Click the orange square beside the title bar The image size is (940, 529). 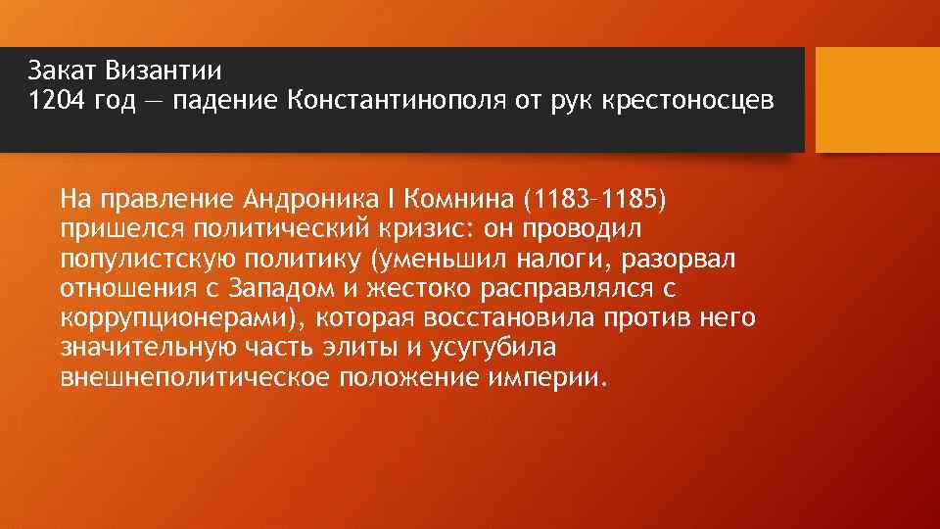point(877,100)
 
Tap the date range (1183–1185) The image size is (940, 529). point(593,202)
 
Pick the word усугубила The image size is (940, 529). point(506,349)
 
